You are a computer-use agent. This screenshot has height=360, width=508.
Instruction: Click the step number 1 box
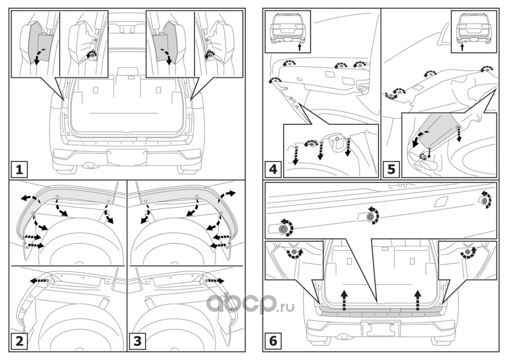click(x=18, y=170)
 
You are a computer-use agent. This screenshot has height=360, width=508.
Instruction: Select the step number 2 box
click(x=18, y=342)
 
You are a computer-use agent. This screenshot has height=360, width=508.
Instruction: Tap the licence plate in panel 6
click(x=381, y=328)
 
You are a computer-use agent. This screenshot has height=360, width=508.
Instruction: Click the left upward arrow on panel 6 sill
click(x=343, y=301)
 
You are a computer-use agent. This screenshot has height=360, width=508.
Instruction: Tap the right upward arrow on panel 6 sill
click(x=418, y=301)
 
